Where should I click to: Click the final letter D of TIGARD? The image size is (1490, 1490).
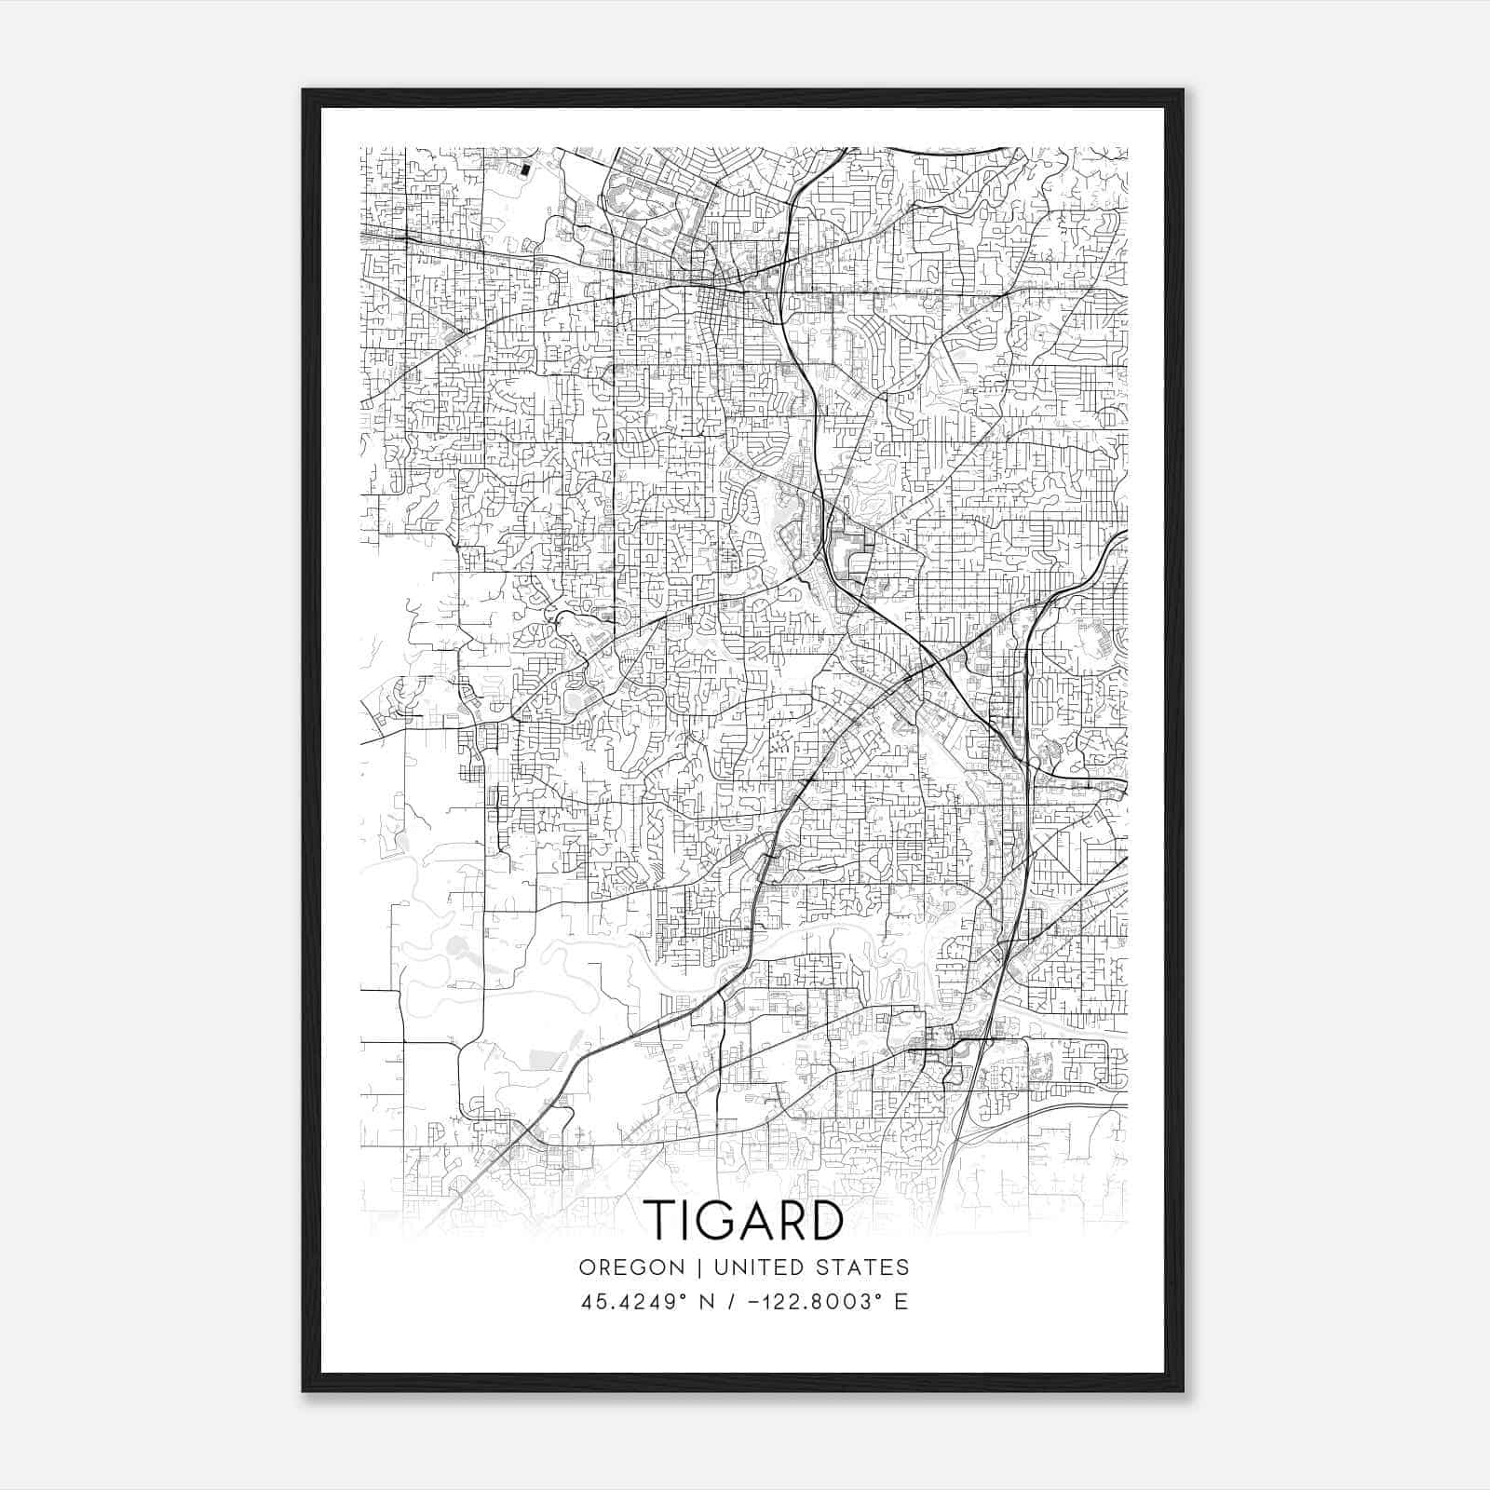tap(827, 1221)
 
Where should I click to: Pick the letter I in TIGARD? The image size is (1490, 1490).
tap(689, 1221)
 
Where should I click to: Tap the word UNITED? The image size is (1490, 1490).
tap(762, 1267)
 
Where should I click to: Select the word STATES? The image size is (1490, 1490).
tap(867, 1267)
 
